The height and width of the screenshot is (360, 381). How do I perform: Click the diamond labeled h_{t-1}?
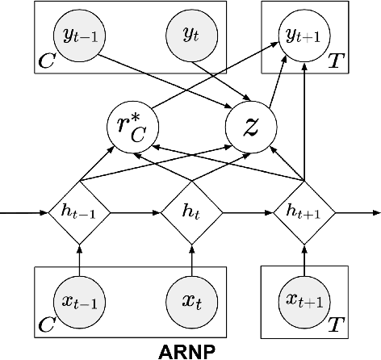coord(78,213)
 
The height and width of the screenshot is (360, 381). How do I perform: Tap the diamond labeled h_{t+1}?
coord(304,213)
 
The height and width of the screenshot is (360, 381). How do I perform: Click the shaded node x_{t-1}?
coord(78,301)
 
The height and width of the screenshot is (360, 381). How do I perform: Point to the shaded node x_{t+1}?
coord(304,301)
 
